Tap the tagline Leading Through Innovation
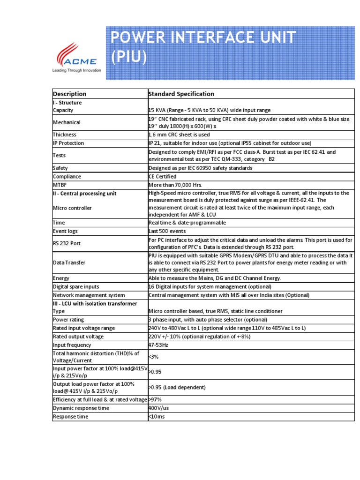76,70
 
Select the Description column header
70,94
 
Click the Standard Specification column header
181,94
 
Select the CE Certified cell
162,177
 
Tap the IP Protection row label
68,143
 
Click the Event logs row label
65,231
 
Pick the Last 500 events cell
167,231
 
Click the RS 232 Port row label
66,244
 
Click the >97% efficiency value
156,399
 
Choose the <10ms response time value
157,417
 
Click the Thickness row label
65,135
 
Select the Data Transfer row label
69,263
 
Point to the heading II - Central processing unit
84,194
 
